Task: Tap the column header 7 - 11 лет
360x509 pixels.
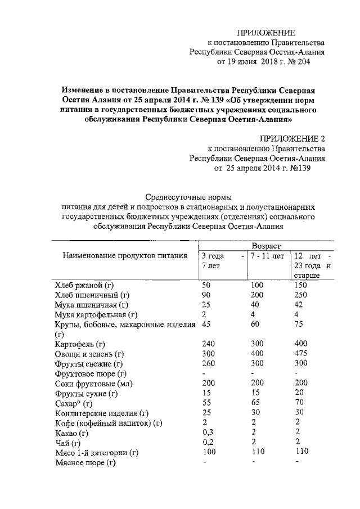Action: pos(268,256)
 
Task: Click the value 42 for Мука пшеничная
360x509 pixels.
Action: pos(299,304)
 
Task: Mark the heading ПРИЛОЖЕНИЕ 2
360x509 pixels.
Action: pos(292,138)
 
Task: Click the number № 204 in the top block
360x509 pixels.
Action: pos(296,62)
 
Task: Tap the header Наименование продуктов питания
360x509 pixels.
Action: pos(124,256)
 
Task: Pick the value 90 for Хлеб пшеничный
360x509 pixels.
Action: pos(206,295)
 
